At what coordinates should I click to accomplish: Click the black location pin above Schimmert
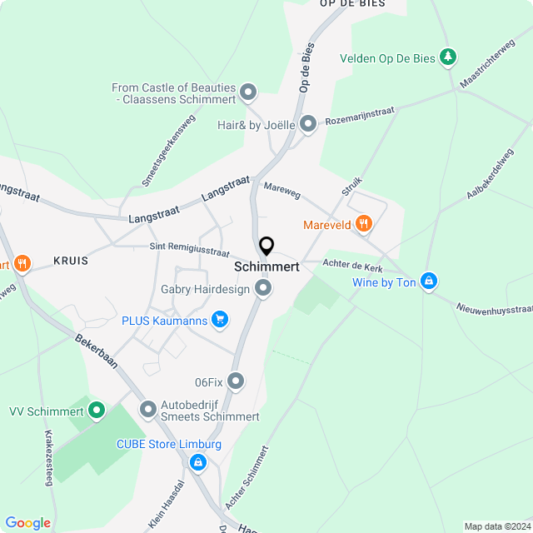click(x=266, y=247)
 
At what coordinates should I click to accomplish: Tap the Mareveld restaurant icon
click(x=363, y=223)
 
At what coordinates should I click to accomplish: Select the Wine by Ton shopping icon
click(x=429, y=281)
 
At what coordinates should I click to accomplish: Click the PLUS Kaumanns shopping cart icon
click(x=220, y=319)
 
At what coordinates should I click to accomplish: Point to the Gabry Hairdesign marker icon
click(x=264, y=288)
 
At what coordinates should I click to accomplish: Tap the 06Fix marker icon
click(x=237, y=381)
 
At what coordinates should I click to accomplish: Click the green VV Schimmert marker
click(x=97, y=410)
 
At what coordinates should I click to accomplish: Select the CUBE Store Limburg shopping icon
click(x=198, y=461)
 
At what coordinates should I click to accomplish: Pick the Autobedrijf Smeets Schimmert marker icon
click(x=148, y=409)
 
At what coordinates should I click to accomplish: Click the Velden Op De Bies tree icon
click(x=449, y=57)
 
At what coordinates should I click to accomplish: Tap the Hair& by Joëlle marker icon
click(x=309, y=125)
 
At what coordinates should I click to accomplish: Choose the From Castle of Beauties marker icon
click(x=248, y=92)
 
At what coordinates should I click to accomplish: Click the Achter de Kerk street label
click(x=351, y=266)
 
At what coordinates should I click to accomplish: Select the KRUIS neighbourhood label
click(x=71, y=261)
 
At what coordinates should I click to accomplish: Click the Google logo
click(x=27, y=522)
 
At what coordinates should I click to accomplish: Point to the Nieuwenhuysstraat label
click(x=495, y=309)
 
